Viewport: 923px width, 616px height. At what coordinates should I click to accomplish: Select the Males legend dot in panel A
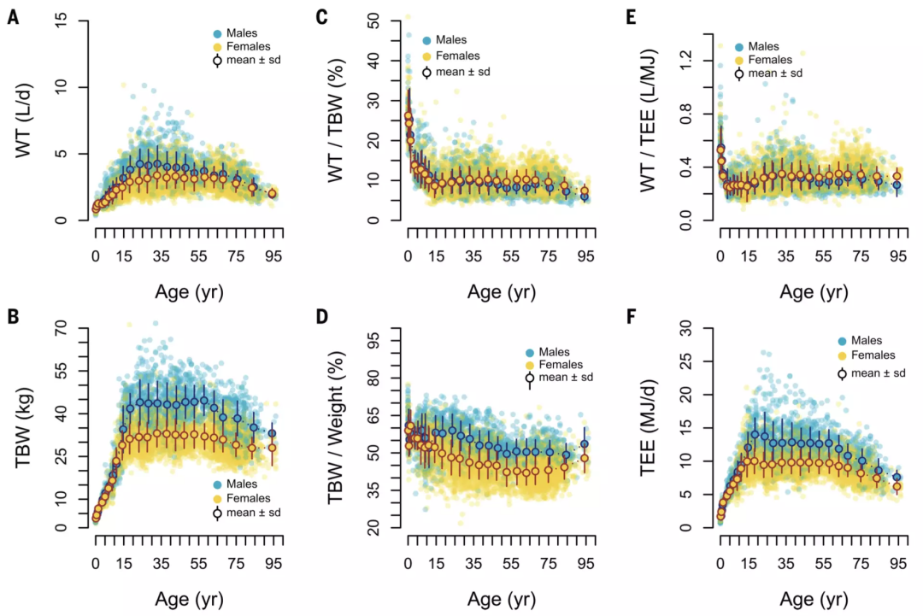point(217,33)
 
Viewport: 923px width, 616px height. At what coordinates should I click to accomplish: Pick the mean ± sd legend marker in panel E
point(738,73)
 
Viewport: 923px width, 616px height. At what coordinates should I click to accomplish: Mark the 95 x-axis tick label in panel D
point(586,562)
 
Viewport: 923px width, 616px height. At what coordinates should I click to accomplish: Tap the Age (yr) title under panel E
point(814,291)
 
